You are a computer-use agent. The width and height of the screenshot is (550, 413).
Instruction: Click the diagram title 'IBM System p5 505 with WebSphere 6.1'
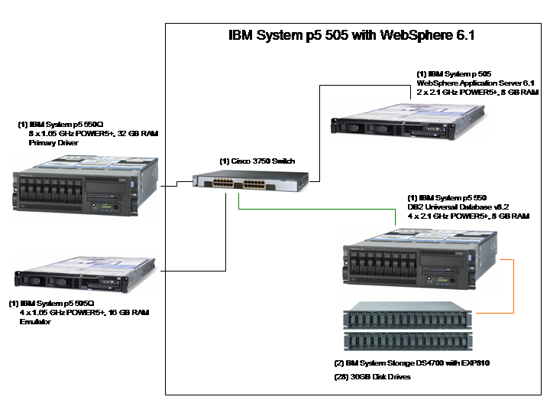point(353,35)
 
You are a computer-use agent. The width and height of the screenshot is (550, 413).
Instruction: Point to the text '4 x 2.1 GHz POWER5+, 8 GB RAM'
point(468,216)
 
